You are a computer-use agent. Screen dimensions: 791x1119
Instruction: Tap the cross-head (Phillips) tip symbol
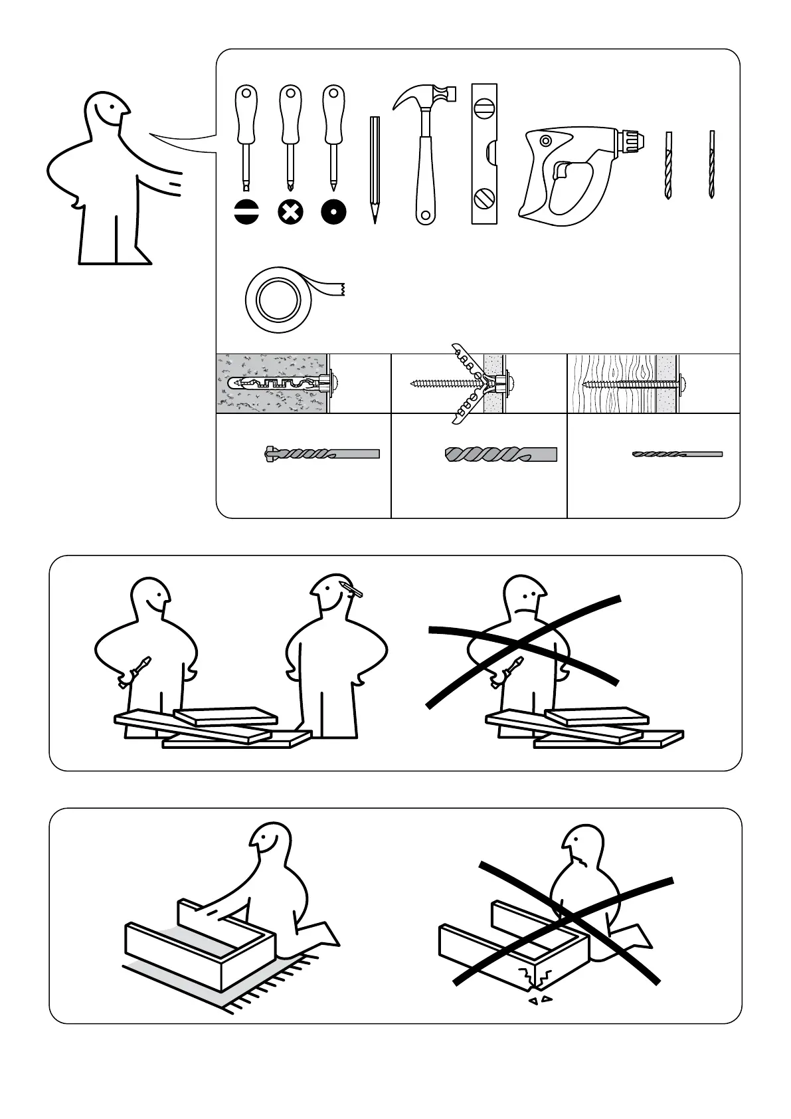[x=290, y=212]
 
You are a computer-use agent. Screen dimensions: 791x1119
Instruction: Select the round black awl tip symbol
[x=333, y=212]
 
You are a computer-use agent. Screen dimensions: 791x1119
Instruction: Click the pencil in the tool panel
[x=375, y=169]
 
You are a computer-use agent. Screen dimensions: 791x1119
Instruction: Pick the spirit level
[x=484, y=153]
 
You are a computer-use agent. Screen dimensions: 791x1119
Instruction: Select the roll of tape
[x=278, y=300]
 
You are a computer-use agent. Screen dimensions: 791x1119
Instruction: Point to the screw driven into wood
[x=631, y=383]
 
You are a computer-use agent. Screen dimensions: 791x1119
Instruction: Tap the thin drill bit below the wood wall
[x=676, y=455]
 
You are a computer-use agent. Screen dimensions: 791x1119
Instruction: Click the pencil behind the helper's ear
[x=352, y=588]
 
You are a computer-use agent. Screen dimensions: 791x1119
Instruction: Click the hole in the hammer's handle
[x=423, y=215]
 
